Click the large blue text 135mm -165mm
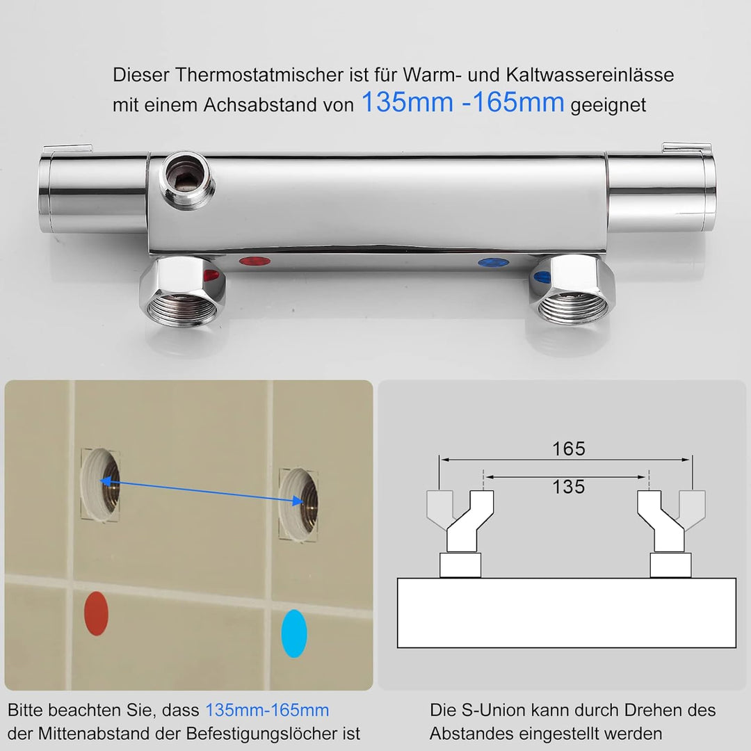click(x=462, y=103)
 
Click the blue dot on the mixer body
click(x=493, y=264)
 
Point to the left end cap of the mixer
click(x=92, y=190)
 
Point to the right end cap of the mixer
click(x=661, y=189)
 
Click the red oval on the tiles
click(x=96, y=614)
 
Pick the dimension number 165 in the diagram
click(x=569, y=449)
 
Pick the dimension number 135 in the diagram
click(x=569, y=487)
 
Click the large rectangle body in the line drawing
click(x=566, y=612)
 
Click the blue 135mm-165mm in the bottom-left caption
click(x=267, y=711)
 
